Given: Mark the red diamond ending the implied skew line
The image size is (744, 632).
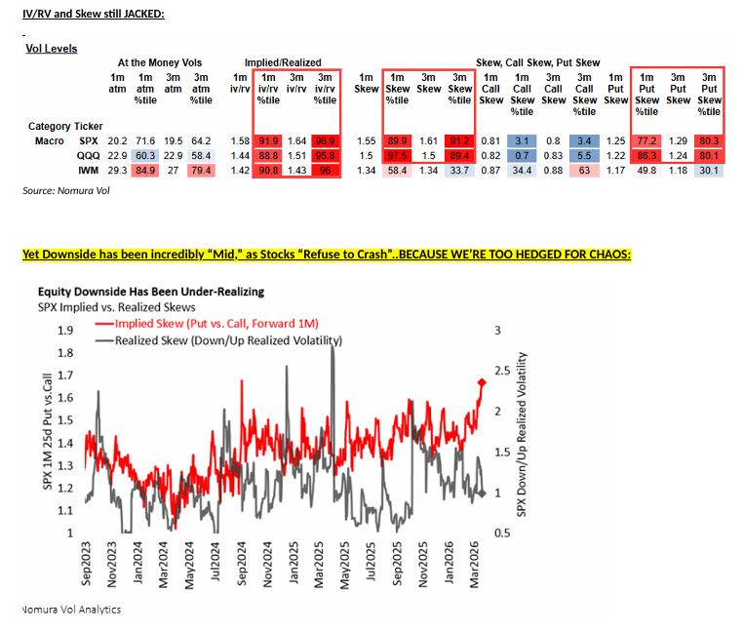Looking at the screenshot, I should click(x=481, y=381).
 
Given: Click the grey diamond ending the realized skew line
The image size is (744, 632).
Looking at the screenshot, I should click(x=481, y=494).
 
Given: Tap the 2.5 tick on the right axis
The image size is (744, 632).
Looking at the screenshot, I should click(x=502, y=371).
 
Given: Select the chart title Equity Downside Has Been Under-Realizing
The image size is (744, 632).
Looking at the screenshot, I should click(x=150, y=291).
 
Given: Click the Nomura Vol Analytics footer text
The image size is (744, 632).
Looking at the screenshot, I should click(x=71, y=610).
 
